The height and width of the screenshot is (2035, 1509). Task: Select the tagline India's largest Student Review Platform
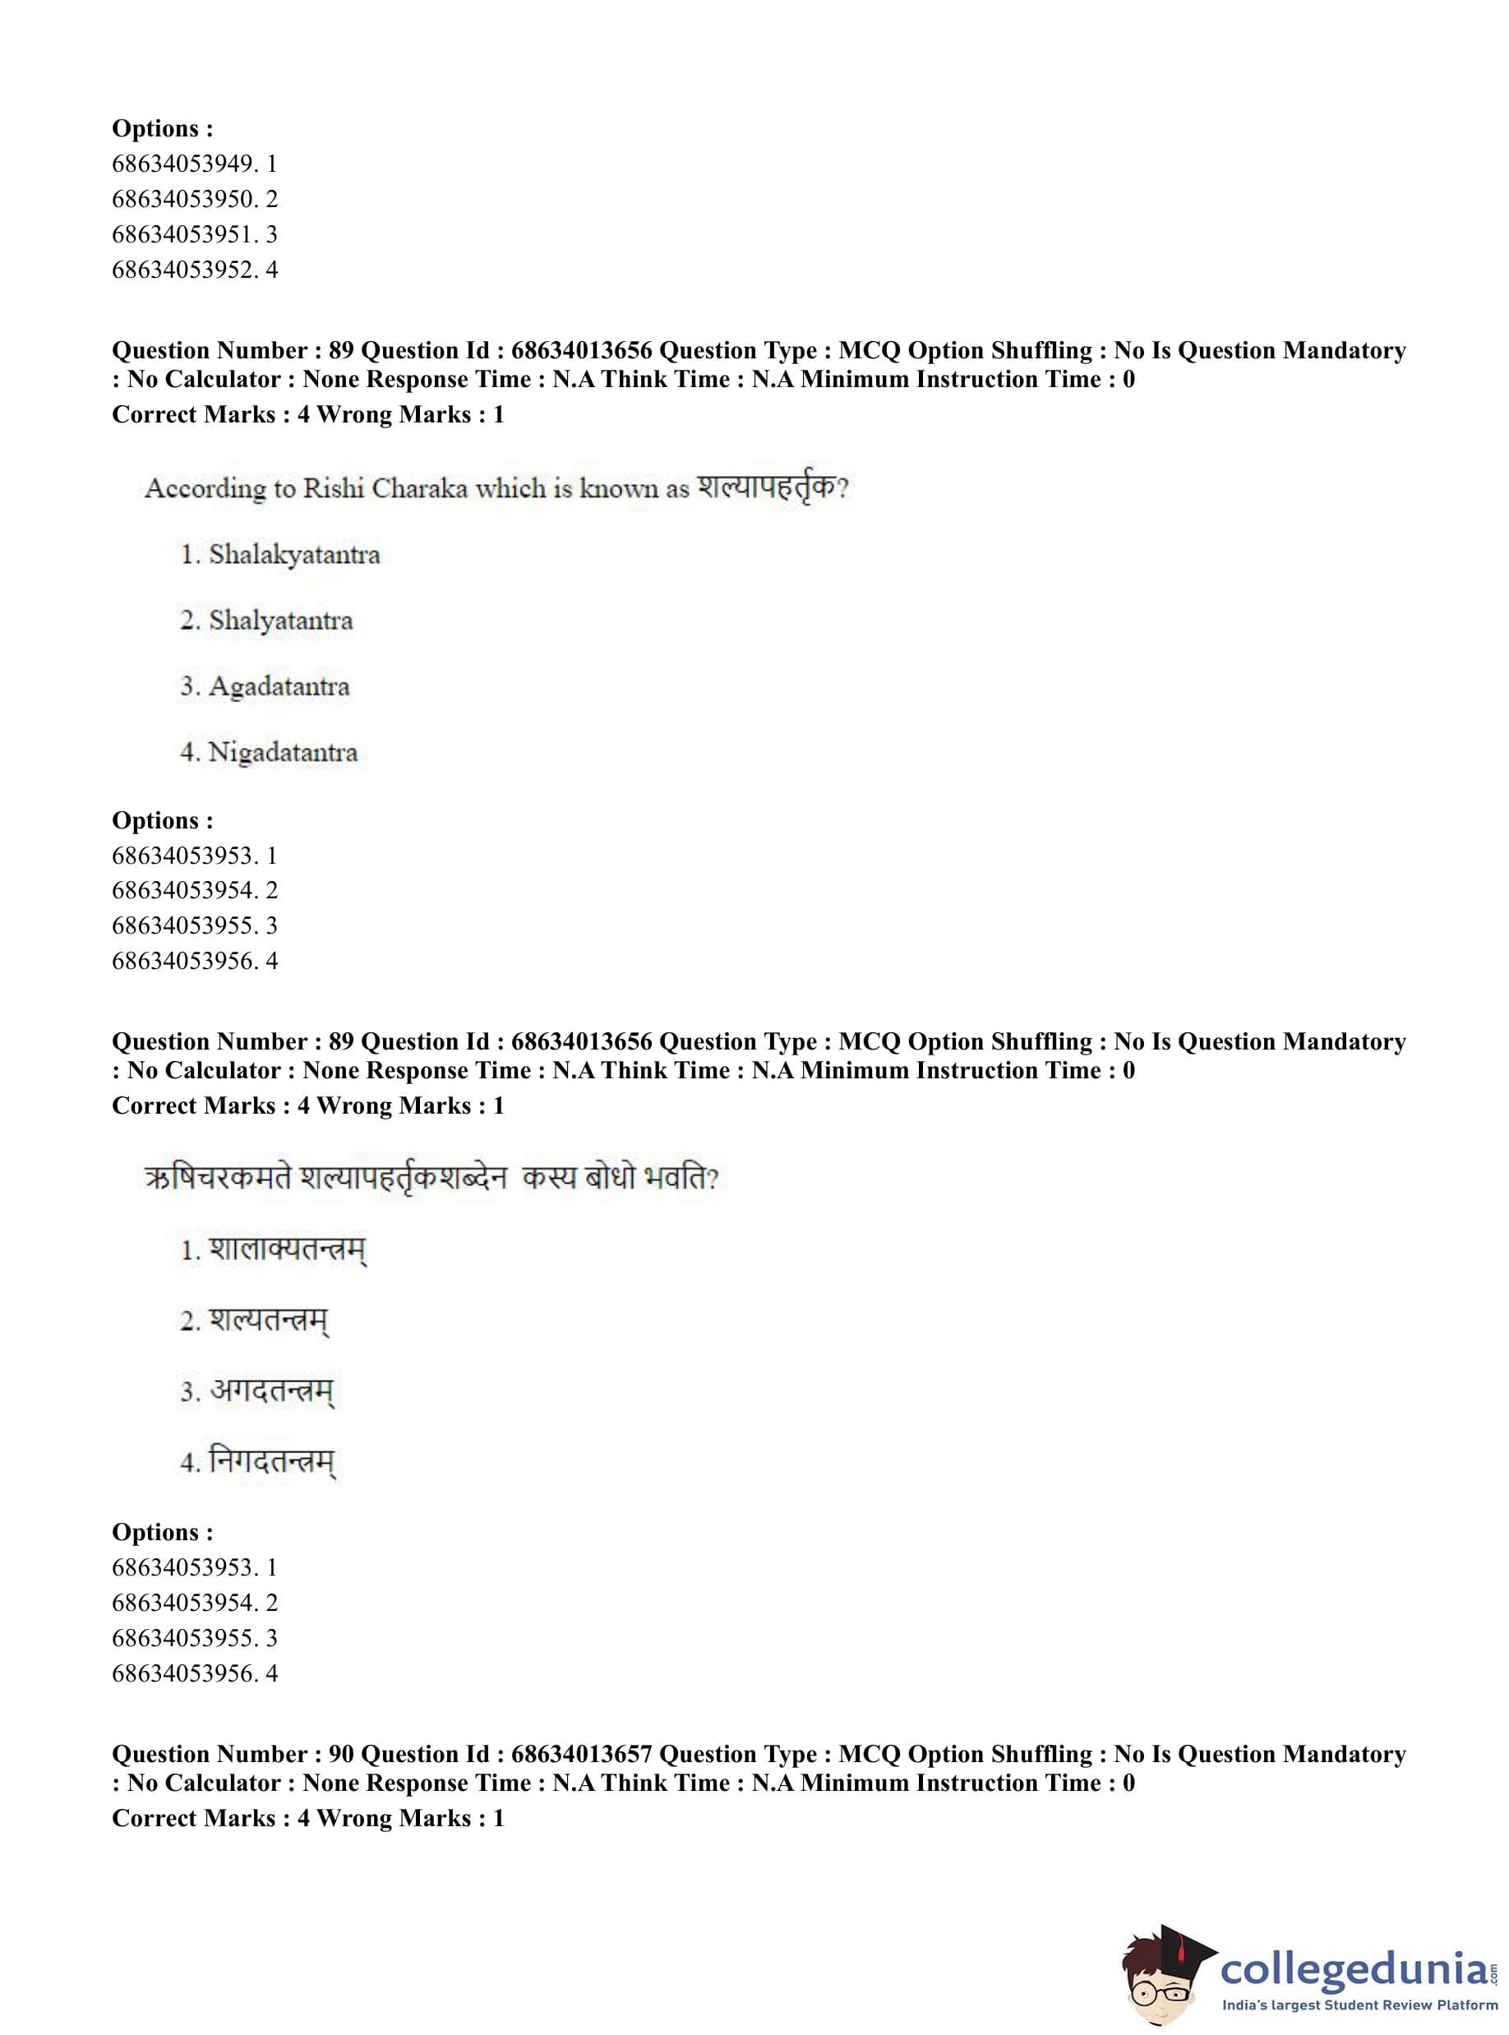coord(1360,2005)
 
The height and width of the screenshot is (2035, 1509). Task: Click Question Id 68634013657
coord(581,1755)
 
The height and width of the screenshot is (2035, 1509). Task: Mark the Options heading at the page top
coord(162,129)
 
